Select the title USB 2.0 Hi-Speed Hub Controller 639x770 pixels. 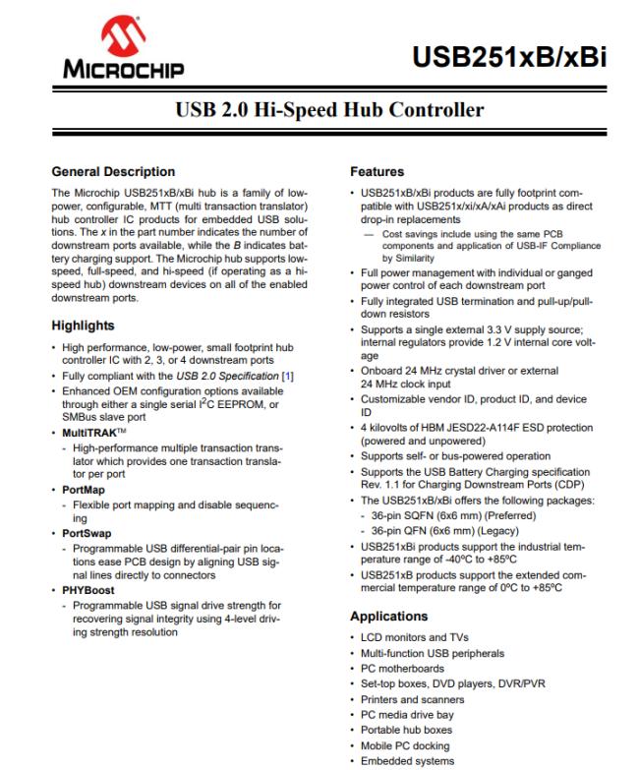(319, 107)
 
